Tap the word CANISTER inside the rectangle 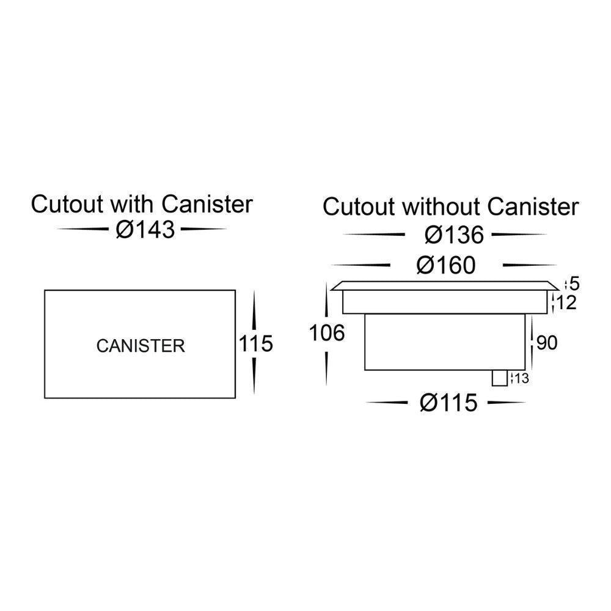click(141, 346)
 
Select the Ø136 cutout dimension click(455, 235)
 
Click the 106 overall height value click(327, 333)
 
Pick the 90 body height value click(547, 343)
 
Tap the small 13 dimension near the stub click(521, 379)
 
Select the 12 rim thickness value click(567, 302)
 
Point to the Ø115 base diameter click(448, 403)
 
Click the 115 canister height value click(255, 344)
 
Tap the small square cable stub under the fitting click(500, 378)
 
